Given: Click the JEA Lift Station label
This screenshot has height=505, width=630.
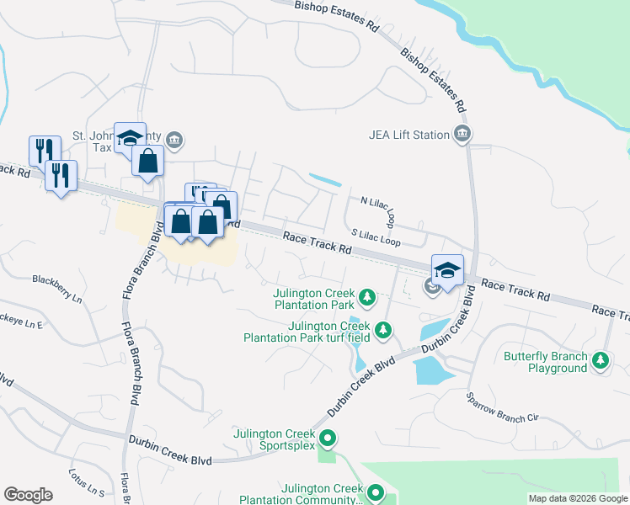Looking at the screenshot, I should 409,135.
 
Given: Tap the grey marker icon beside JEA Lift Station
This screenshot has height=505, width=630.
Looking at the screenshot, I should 462,135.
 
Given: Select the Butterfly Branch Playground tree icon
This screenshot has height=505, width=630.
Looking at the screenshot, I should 600,361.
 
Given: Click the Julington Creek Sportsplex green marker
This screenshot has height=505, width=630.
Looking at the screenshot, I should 329,439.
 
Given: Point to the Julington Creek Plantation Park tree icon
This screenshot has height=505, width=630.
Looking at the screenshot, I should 366,297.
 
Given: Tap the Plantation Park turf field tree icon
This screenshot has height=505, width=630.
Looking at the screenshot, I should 383,329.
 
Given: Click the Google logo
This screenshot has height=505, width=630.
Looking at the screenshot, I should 28,494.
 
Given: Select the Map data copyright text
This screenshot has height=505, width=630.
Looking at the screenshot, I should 578,498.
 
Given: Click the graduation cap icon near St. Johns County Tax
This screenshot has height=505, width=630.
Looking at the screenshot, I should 130,137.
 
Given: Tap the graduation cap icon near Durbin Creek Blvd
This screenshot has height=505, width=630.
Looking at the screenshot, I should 448,270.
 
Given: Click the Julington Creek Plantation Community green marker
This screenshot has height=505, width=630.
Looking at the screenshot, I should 376,492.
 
